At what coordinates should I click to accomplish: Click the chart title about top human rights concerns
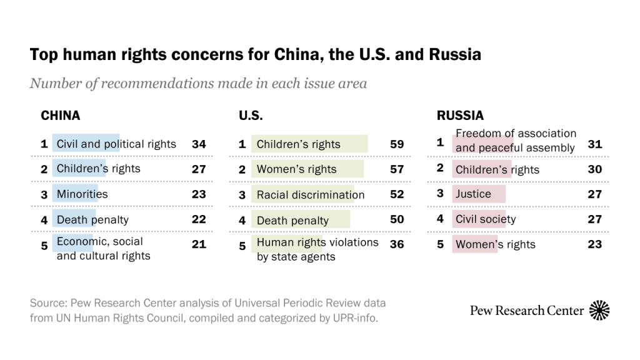point(255,55)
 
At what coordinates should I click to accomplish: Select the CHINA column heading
point(61,116)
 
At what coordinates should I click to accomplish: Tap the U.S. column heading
point(251,116)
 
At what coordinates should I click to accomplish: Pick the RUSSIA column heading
point(460,116)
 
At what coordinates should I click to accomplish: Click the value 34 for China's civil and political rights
point(199,144)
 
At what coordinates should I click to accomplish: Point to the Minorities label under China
point(82,194)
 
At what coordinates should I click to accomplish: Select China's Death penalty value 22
point(199,219)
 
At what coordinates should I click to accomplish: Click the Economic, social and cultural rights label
point(103,249)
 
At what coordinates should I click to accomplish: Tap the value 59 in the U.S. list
point(397,144)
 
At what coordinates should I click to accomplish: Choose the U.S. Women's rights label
point(296,169)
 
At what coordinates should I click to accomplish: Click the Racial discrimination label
point(310,195)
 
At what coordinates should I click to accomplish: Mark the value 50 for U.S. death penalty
point(397,220)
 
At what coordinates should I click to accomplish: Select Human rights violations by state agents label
point(317,249)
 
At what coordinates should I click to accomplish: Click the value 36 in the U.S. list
point(397,244)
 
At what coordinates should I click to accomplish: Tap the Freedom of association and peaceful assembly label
point(516,141)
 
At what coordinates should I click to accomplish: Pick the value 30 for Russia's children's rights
point(595,169)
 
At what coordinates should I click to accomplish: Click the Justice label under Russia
point(473,194)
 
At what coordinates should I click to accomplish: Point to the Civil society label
point(486,219)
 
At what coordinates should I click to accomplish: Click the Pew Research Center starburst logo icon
point(599,310)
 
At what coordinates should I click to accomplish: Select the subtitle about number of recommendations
point(198,84)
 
